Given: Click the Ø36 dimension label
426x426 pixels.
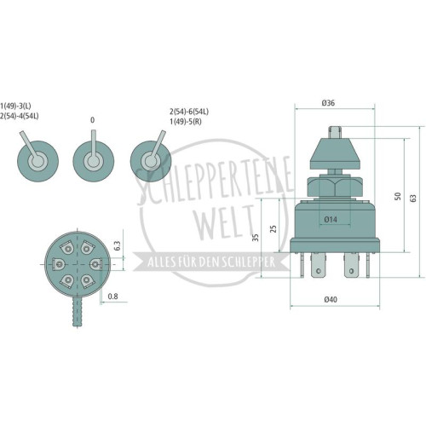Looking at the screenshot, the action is point(328,103).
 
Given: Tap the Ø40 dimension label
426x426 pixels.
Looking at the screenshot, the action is point(331,299).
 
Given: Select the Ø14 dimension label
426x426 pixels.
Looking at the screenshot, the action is point(331,219).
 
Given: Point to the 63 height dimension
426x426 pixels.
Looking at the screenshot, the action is point(413,198).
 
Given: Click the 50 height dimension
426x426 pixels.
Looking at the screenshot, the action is point(398,196).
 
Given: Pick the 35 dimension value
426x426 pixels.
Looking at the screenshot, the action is point(256,238).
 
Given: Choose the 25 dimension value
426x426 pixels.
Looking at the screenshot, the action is point(273,229).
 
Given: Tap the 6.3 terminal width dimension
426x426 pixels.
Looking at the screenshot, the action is point(117,245).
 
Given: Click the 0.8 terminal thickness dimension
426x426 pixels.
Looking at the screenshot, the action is point(112,296).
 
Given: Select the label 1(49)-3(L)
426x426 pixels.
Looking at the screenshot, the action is point(15,106).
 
